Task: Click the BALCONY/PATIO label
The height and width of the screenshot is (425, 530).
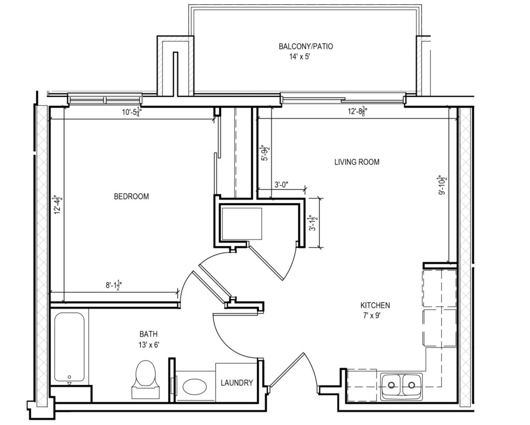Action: pyautogui.click(x=305, y=47)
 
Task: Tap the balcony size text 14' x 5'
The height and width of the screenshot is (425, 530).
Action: pyautogui.click(x=303, y=58)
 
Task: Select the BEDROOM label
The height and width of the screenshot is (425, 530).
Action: pyautogui.click(x=131, y=196)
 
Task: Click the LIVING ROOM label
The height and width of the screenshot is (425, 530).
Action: pyautogui.click(x=357, y=162)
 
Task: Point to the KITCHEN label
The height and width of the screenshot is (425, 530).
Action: pyautogui.click(x=375, y=305)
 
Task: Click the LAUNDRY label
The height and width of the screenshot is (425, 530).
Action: pyautogui.click(x=237, y=383)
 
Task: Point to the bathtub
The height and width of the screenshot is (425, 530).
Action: pyautogui.click(x=69, y=347)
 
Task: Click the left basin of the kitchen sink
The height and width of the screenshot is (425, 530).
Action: pyautogui.click(x=392, y=385)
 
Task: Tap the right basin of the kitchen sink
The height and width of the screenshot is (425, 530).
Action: pyautogui.click(x=412, y=385)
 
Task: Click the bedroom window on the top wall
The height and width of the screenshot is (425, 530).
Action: pyautogui.click(x=104, y=99)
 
